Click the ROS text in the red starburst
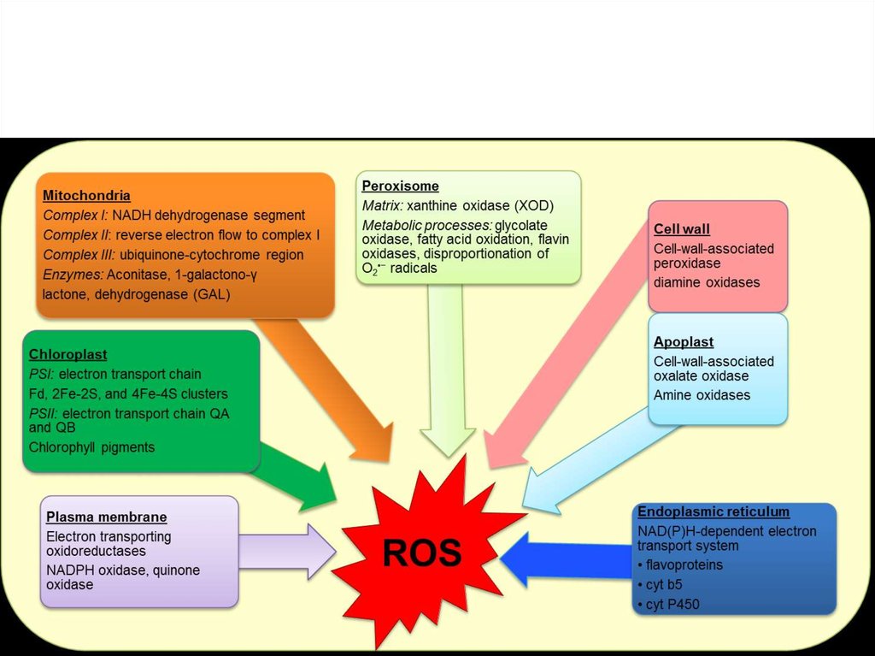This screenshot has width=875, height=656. (422, 553)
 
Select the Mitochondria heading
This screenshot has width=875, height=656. (86, 196)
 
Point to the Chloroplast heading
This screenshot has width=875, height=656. (68, 354)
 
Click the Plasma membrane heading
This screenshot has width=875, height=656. (106, 517)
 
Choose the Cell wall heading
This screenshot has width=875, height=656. (682, 229)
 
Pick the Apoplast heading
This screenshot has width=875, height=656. (684, 342)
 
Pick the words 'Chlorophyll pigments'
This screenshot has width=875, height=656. (92, 446)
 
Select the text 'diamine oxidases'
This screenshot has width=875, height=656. (707, 282)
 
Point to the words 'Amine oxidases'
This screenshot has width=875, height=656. (702, 395)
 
